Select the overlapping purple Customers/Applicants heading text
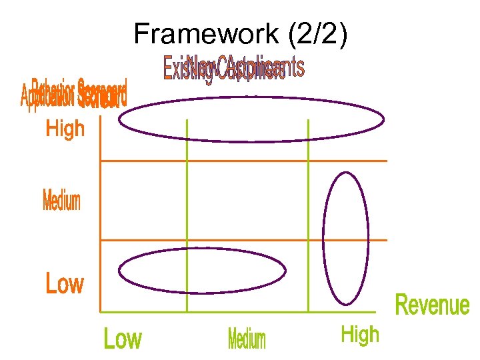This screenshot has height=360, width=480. click(233, 69)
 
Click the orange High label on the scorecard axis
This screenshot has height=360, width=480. click(65, 128)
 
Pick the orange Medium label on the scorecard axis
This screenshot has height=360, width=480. click(61, 201)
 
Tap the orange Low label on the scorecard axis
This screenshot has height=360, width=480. click(65, 284)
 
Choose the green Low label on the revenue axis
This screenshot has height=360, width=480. click(123, 339)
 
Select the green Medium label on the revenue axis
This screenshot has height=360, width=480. click(247, 339)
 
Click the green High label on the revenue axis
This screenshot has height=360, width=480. click(360, 335)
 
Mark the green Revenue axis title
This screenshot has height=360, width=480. click(432, 305)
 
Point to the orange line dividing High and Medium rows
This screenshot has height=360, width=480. click(243, 161)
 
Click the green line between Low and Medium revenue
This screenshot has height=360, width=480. click(187, 200)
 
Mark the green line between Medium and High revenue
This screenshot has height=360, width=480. click(308, 200)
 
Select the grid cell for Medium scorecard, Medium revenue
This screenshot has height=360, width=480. click(247, 200)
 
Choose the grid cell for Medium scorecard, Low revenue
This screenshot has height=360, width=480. click(143, 200)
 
